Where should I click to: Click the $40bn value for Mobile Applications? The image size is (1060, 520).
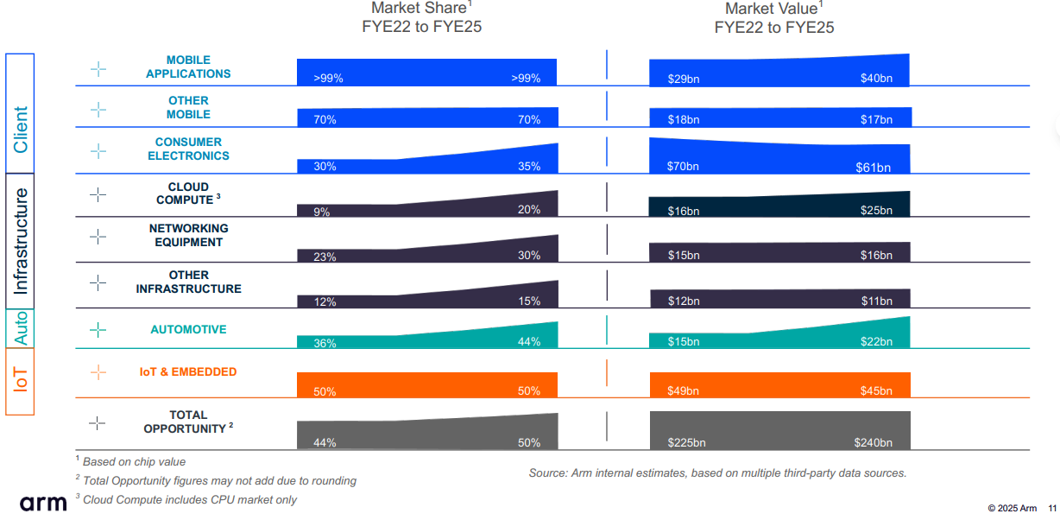[876, 79]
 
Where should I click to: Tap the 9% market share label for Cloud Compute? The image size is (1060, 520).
[322, 212]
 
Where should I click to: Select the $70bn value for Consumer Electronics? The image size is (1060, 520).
[684, 166]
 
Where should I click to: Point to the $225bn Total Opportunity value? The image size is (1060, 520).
[686, 443]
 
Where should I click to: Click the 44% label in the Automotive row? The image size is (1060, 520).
[529, 341]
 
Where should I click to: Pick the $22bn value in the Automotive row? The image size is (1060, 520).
[876, 342]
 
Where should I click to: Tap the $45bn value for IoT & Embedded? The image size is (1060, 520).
[876, 391]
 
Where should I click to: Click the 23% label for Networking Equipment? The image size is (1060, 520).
[325, 257]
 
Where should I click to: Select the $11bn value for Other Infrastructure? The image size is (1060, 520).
[876, 301]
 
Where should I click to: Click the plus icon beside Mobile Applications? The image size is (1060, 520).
[98, 68]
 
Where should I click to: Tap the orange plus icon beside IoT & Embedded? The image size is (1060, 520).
[98, 372]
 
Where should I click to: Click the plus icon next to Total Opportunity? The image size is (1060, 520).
[98, 422]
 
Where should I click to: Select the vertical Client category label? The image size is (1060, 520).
[20, 130]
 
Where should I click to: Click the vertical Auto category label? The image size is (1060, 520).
[20, 328]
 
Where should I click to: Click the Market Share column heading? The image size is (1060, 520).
[421, 17]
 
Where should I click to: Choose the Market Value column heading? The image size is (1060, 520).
[774, 17]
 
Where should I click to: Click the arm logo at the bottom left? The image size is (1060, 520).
[43, 502]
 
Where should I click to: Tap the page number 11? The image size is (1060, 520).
[1052, 508]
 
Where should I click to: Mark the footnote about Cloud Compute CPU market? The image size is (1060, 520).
[189, 499]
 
